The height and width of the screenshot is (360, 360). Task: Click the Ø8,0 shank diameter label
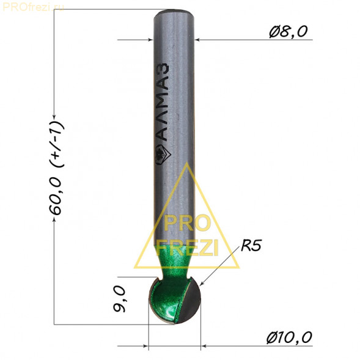[288, 31]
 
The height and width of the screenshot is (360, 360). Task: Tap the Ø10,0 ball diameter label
[289, 337]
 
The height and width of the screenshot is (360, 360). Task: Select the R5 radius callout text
[251, 245]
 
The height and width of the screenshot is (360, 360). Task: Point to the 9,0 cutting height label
[119, 299]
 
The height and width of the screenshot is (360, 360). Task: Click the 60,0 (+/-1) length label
[56, 167]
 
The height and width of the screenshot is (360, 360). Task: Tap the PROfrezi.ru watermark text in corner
[33, 7]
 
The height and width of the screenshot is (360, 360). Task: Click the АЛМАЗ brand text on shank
[164, 101]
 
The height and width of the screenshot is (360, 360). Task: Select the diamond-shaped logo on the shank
[163, 154]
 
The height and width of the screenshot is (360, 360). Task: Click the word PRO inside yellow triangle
[187, 223]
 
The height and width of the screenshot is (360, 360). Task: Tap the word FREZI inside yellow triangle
[187, 248]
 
